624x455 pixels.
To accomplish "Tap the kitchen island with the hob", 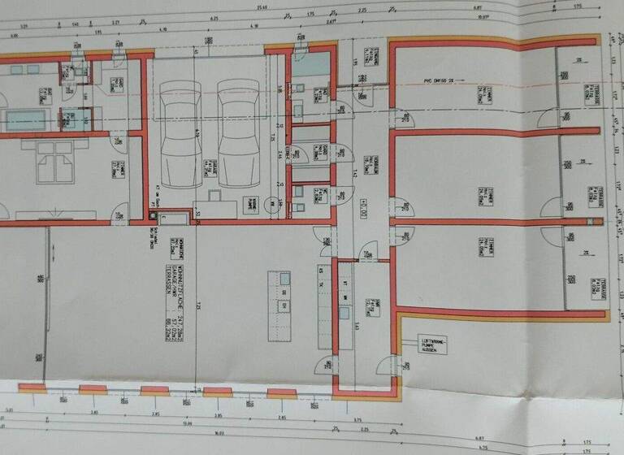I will pyautogui.click(x=284, y=292).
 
